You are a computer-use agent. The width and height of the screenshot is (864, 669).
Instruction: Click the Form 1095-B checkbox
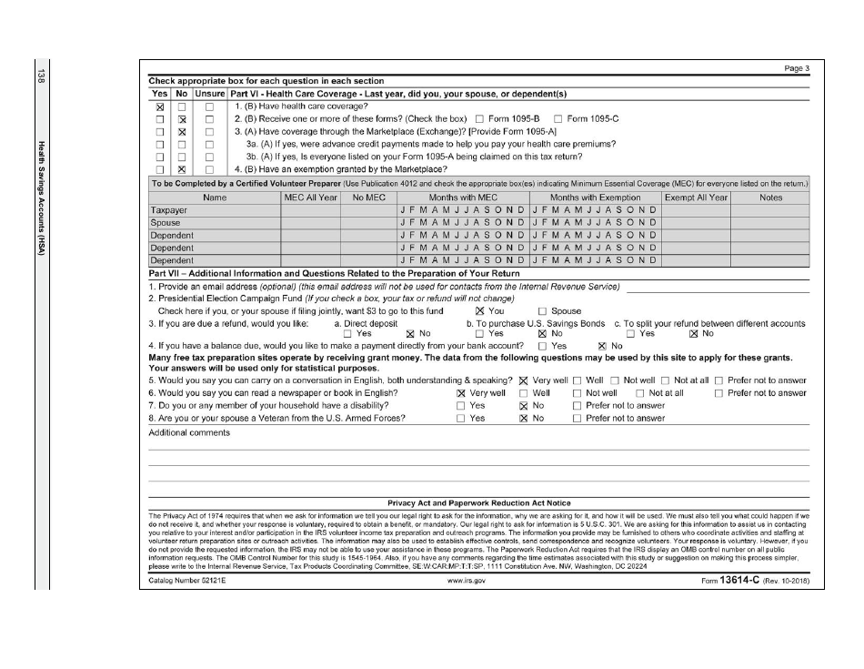click(480, 119)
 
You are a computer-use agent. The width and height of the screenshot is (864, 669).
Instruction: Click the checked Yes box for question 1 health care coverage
click(160, 106)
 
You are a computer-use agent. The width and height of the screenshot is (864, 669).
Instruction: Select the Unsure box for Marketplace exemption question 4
click(209, 169)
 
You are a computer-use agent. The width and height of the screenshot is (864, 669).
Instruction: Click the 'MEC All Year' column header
click(310, 197)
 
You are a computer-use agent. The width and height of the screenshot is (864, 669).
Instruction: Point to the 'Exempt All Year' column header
click(696, 197)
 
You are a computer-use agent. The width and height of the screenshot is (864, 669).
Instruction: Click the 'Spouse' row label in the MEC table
click(165, 222)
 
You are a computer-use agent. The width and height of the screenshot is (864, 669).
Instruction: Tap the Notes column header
click(769, 197)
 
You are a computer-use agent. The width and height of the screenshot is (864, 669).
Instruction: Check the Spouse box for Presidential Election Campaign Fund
click(543, 310)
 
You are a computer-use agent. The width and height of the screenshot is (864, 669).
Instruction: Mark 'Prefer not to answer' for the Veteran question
click(577, 419)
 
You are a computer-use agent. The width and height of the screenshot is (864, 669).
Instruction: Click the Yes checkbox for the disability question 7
click(460, 406)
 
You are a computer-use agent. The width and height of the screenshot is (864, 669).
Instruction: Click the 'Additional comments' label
click(188, 432)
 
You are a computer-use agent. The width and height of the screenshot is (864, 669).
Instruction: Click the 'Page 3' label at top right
click(796, 70)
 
